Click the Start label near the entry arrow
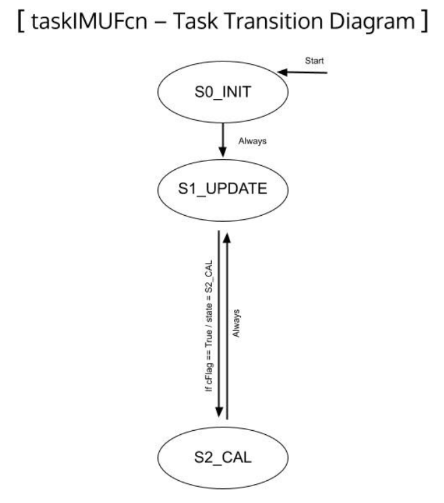[314, 61]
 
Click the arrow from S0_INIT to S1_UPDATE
[223, 140]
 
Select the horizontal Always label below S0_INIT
[252, 141]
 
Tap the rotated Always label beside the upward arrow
[236, 323]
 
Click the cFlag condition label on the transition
[209, 326]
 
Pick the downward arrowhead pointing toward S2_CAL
[219, 412]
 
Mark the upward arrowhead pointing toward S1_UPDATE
[227, 237]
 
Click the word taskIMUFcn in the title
[90, 21]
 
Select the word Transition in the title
[274, 21]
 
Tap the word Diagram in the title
[372, 22]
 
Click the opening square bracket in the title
[21, 21]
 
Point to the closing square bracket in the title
[424, 21]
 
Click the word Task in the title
[195, 21]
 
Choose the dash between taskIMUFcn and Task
[160, 23]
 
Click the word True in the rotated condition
[209, 338]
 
